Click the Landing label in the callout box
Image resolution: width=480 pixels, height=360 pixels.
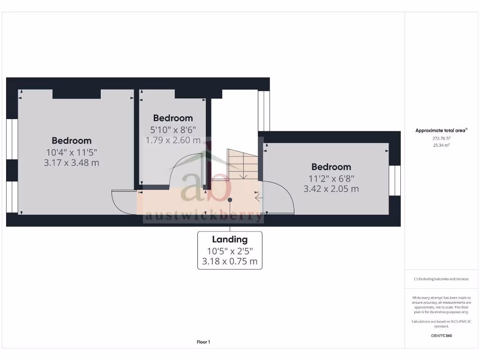coord(230,240)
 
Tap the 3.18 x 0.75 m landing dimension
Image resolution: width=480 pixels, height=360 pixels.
coord(230,262)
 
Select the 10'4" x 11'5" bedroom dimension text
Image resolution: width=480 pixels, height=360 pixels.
coord(72,152)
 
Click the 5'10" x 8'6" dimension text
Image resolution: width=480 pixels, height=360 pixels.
coord(173,129)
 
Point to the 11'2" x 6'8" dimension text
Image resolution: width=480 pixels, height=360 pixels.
coord(331,178)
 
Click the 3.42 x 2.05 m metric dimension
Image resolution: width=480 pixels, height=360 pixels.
coord(331,189)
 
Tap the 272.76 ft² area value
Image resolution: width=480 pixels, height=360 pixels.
coord(441,138)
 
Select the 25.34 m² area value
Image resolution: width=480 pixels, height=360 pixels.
coord(441,145)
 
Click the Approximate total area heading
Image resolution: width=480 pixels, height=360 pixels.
coord(441,131)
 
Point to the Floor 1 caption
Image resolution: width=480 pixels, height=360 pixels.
coord(203,342)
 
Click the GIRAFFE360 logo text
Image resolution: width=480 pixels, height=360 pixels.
coord(441,336)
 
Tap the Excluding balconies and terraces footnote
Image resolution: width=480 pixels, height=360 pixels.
coord(441,279)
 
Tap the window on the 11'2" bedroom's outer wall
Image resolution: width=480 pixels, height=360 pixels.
coord(395,180)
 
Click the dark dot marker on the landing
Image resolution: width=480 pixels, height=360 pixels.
coord(230,200)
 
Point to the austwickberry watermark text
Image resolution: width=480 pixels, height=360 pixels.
coord(203,216)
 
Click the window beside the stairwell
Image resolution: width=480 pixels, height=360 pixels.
coord(264,111)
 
